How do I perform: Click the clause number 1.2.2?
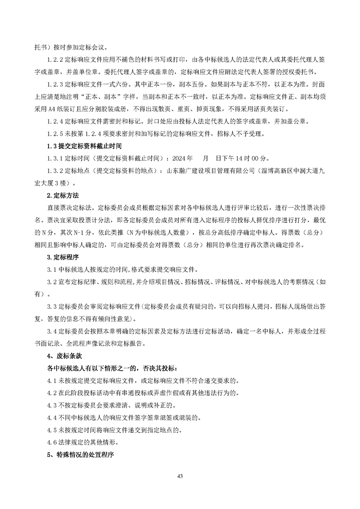(55, 59)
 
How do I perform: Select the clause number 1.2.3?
(55, 84)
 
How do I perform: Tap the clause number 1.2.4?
(55, 122)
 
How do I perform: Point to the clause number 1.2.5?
(55, 134)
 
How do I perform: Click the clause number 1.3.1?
(55, 159)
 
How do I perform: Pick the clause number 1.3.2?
(55, 171)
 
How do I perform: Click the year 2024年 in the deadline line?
(182, 159)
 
